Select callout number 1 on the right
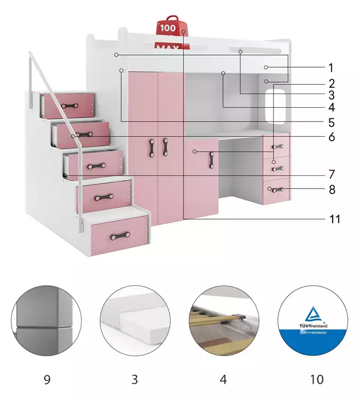[x=331, y=68]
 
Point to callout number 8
[x=332, y=189]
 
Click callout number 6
[x=331, y=137]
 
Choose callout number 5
[x=331, y=123]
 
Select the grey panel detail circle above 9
[x=47, y=321]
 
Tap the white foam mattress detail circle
[x=135, y=321]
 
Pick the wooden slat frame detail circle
[x=224, y=321]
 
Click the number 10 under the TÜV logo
[x=317, y=379]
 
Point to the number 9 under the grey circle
[x=47, y=379]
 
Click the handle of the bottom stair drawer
[x=120, y=235]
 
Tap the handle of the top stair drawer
[x=69, y=106]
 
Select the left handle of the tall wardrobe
[x=152, y=147]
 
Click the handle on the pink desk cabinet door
[x=213, y=160]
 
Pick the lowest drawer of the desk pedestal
[x=276, y=190]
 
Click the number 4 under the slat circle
[x=224, y=379]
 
